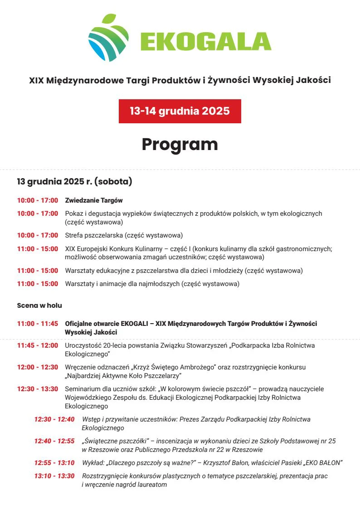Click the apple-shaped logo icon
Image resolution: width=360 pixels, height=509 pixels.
108,38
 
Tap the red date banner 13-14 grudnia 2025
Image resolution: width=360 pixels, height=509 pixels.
180,111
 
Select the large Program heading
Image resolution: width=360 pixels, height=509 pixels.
180,144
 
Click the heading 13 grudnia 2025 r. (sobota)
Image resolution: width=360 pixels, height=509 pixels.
74,182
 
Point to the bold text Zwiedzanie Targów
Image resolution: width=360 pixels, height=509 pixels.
94,200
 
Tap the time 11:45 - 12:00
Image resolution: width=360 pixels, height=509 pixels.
38,345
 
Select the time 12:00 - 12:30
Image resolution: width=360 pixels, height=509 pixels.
38,367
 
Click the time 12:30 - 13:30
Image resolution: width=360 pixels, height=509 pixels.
38,389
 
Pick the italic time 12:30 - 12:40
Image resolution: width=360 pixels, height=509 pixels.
54,419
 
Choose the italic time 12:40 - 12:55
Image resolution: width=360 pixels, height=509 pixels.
54,441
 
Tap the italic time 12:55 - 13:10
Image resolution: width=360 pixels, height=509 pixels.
54,463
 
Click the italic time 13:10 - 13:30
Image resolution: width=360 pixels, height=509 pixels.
54,476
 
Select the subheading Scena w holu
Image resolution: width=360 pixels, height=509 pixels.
39,305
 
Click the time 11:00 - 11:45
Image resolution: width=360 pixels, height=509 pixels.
38,324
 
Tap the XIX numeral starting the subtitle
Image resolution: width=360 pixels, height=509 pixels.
36,81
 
